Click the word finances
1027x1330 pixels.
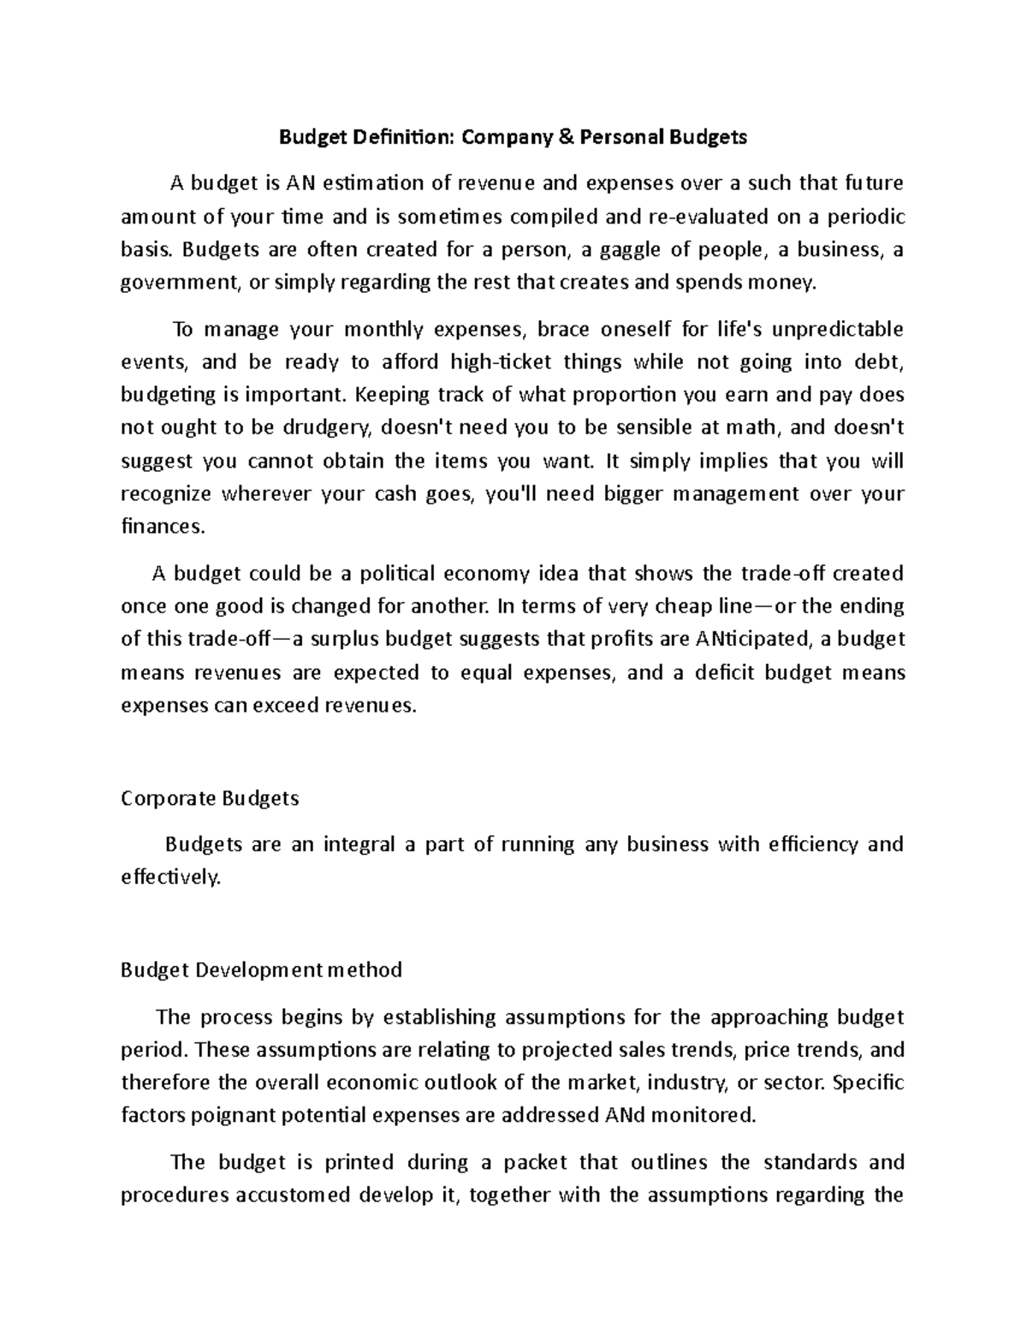[x=163, y=527]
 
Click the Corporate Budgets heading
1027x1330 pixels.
[x=210, y=798]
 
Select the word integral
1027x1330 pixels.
[x=359, y=844]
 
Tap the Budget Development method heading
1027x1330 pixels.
[x=261, y=970]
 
